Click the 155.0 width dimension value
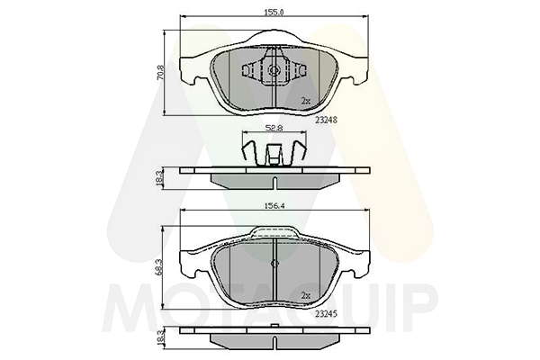click(274, 13)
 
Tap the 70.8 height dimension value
click(160, 73)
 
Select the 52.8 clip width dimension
click(274, 128)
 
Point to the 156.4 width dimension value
click(274, 206)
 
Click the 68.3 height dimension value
click(158, 267)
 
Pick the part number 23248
click(326, 121)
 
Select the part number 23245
click(326, 314)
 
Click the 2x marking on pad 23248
click(305, 101)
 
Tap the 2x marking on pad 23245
click(305, 295)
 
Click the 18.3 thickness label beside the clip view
click(159, 178)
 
